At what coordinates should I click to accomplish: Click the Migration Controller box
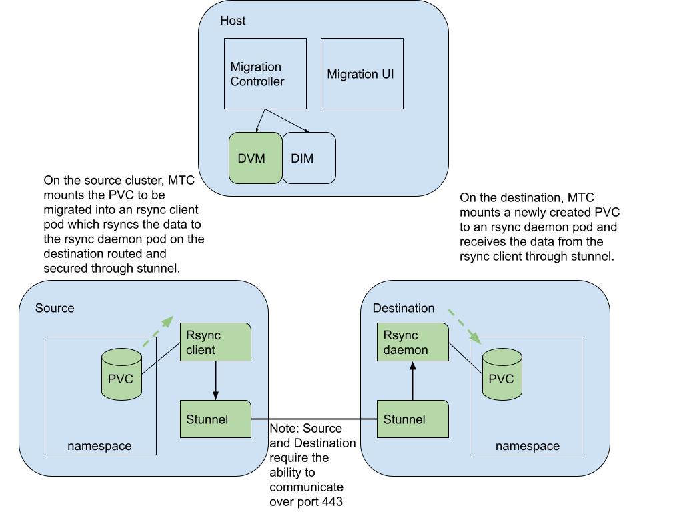click(x=265, y=73)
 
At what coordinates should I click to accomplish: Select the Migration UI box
click(x=362, y=73)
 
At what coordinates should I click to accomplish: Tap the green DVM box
click(x=255, y=158)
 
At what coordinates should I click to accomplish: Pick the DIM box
click(x=309, y=158)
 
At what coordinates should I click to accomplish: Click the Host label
click(x=233, y=21)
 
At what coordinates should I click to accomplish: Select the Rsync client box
click(x=215, y=342)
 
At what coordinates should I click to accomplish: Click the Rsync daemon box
click(x=412, y=342)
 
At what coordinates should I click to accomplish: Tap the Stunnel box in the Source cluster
click(x=215, y=419)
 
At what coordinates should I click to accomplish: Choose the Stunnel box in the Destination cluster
click(x=412, y=419)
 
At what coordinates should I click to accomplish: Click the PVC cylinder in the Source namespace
click(x=121, y=376)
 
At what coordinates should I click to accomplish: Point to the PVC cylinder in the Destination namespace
click(x=502, y=376)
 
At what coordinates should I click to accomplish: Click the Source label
click(x=55, y=308)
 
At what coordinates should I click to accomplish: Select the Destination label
click(x=403, y=308)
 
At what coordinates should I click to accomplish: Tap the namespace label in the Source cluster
click(x=99, y=446)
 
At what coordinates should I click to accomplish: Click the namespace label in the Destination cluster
click(x=527, y=446)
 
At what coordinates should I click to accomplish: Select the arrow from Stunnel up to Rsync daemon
click(x=413, y=381)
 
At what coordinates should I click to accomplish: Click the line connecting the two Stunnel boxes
click(x=313, y=419)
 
